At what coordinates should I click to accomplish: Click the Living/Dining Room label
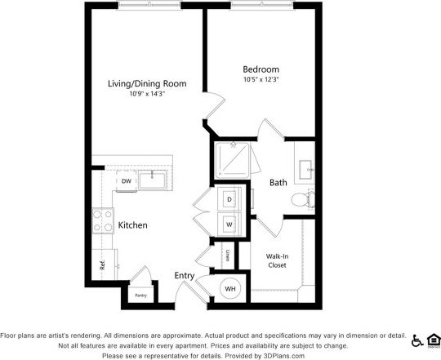(147, 83)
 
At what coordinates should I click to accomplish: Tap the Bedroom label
(261, 69)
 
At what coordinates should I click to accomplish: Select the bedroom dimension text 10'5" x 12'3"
(261, 80)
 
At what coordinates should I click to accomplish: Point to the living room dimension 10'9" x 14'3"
(147, 94)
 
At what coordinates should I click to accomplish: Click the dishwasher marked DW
(127, 180)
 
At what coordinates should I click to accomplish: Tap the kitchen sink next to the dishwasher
(154, 180)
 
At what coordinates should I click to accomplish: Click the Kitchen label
(132, 224)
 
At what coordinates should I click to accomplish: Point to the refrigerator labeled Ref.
(102, 264)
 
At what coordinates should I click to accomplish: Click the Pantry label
(140, 296)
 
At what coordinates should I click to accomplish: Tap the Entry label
(184, 276)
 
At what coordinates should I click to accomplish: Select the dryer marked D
(229, 199)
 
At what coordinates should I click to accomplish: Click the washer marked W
(229, 224)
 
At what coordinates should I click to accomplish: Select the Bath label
(278, 183)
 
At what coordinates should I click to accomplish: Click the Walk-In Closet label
(277, 260)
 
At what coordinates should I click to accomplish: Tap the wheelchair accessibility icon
(416, 340)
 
